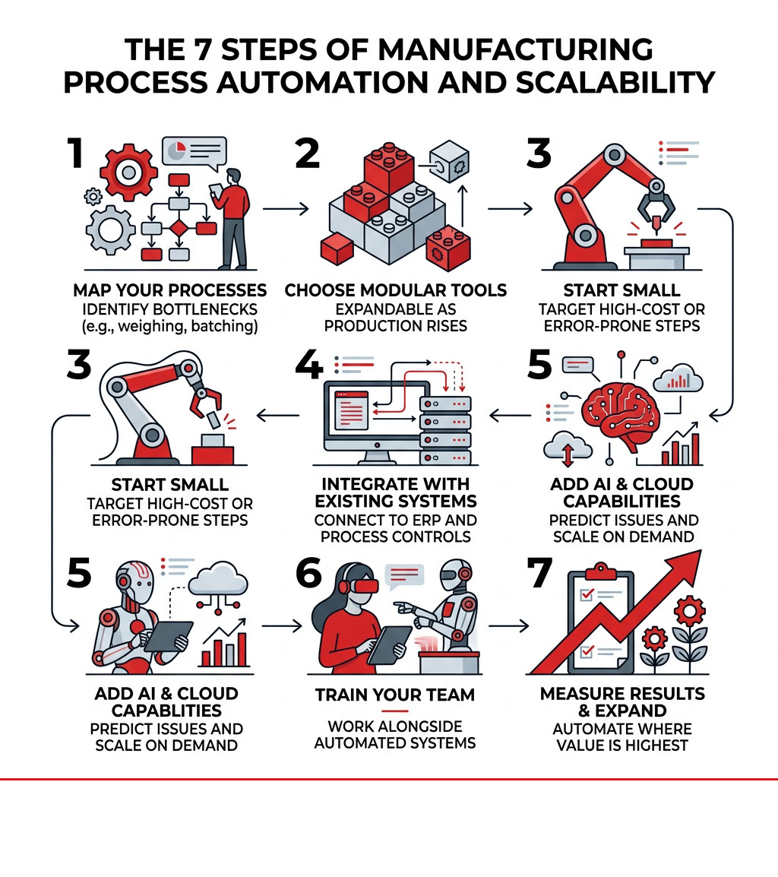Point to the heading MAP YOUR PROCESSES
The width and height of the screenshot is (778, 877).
[x=170, y=290]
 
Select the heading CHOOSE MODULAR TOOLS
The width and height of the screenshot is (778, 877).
[x=396, y=290]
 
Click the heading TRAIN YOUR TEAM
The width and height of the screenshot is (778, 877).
[x=394, y=695]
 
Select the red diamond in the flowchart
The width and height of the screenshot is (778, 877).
[x=179, y=228]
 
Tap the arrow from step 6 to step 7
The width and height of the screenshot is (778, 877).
[x=508, y=626]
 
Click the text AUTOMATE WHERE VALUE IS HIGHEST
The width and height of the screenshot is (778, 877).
[x=623, y=736]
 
